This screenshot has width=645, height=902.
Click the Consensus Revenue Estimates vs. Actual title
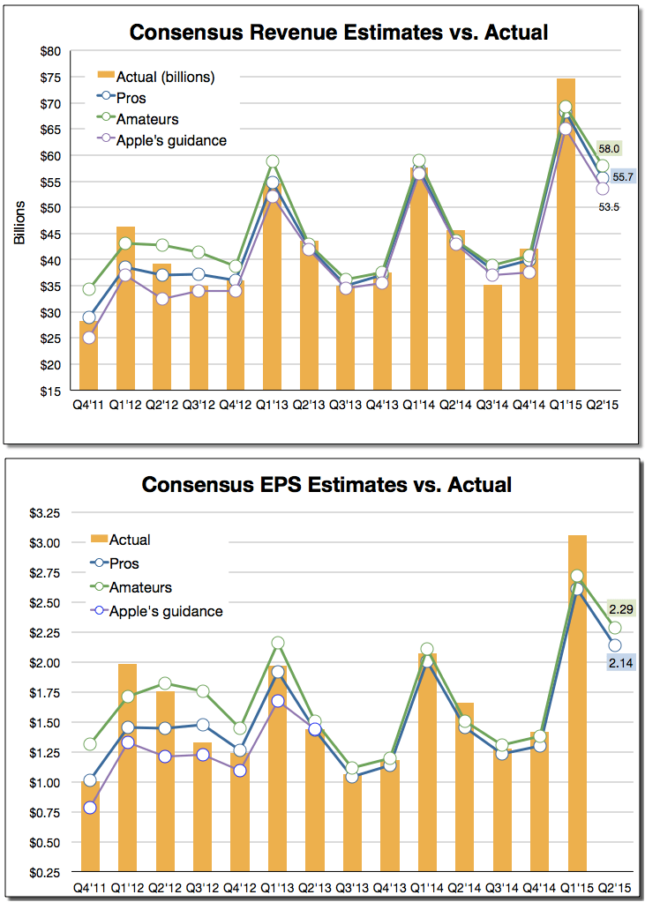click(339, 33)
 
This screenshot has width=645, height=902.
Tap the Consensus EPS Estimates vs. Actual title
click(326, 485)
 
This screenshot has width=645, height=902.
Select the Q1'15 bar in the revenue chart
click(566, 238)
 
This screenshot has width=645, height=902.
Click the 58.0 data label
click(609, 149)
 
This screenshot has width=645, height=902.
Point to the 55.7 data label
click(623, 177)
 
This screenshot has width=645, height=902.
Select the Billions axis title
click(19, 221)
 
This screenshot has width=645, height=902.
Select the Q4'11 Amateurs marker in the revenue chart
click(89, 289)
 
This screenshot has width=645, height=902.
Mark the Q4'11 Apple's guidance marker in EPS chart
click(89, 808)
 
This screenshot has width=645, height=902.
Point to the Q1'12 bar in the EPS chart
click(126, 767)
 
